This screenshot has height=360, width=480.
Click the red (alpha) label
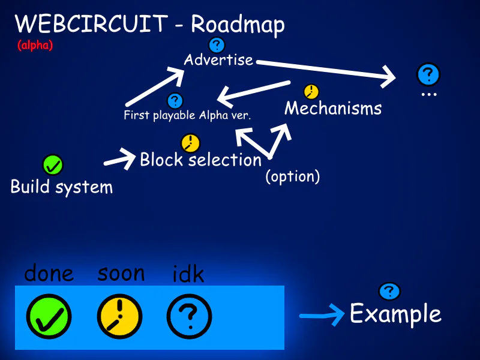(x=35, y=45)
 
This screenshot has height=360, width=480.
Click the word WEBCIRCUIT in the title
(x=91, y=24)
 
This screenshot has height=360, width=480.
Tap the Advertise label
(x=218, y=60)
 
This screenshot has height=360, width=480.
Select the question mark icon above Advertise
(x=216, y=44)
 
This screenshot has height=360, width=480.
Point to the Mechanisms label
(x=333, y=108)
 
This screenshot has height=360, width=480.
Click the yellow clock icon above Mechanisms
(x=311, y=92)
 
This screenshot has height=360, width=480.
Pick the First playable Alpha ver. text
(x=187, y=115)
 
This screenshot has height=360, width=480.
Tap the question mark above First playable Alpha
(x=175, y=101)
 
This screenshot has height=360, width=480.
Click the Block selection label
(x=200, y=160)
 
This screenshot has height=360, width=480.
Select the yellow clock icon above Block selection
(x=190, y=143)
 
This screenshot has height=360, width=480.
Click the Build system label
(x=62, y=187)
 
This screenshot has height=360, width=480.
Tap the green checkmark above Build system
(x=53, y=164)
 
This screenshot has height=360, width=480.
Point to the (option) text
(x=293, y=177)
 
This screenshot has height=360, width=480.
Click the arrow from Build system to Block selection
(x=120, y=160)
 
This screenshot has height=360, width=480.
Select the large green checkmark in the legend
(x=49, y=316)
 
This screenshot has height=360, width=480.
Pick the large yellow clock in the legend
(x=119, y=316)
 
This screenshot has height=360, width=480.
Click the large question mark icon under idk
(x=189, y=316)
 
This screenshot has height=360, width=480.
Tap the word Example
(x=395, y=314)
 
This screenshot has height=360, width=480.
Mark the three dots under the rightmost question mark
(x=428, y=95)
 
